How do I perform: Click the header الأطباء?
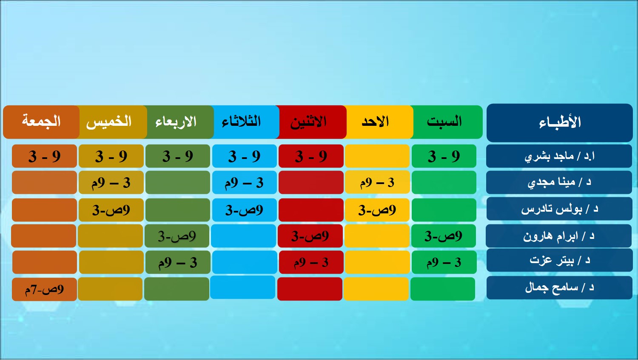[559, 123]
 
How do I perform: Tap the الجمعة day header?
[41, 122]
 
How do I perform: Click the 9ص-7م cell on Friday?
[44, 289]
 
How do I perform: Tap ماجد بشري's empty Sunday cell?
[377, 156]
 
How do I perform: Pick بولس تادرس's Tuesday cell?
[245, 210]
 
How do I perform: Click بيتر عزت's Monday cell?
[311, 262]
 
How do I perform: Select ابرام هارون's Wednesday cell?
[177, 236]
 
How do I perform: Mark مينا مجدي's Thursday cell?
[111, 182]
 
